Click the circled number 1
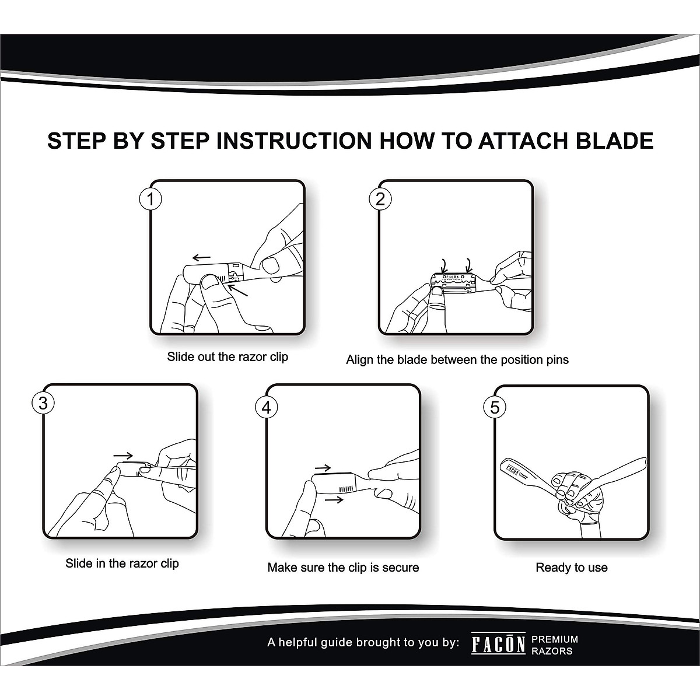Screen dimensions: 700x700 [x=150, y=199]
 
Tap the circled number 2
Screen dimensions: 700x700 [x=380, y=199]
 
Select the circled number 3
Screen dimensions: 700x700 [x=43, y=403]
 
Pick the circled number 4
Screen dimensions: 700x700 [x=266, y=407]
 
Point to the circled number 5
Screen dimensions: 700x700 [x=495, y=407]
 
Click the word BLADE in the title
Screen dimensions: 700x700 [x=615, y=141]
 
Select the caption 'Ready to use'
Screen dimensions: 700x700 [x=572, y=568]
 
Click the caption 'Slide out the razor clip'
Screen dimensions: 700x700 [x=228, y=357]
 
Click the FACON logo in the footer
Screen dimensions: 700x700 [x=498, y=645]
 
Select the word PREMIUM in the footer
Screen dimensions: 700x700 [x=555, y=639]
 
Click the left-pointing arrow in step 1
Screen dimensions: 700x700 [x=201, y=258]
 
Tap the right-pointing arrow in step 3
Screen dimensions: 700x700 [x=123, y=456]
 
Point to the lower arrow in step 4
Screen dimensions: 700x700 [x=334, y=500]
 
